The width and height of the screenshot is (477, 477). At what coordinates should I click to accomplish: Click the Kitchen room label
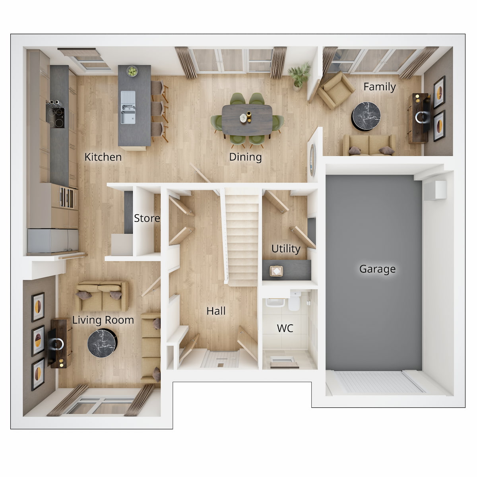click(x=103, y=157)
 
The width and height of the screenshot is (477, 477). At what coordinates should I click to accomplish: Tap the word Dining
click(x=245, y=157)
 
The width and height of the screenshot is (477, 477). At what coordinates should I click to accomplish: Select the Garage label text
click(x=377, y=269)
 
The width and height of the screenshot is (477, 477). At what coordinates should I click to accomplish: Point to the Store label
click(x=147, y=218)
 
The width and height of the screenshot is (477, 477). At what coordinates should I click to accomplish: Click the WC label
click(x=285, y=328)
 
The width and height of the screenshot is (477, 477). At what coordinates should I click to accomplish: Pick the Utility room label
click(x=285, y=249)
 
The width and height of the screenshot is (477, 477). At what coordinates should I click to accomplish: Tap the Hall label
click(x=216, y=311)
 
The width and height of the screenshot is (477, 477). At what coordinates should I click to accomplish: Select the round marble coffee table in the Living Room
click(x=102, y=343)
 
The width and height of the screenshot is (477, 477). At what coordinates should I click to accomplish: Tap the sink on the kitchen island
click(x=128, y=107)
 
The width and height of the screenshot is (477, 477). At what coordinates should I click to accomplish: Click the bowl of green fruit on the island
click(x=132, y=72)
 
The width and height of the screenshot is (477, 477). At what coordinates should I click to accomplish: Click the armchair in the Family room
click(x=335, y=90)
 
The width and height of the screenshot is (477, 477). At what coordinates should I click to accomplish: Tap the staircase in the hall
click(x=242, y=238)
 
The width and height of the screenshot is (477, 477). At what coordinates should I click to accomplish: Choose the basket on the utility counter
click(x=276, y=271)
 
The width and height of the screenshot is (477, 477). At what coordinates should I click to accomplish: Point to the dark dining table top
click(x=247, y=119)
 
